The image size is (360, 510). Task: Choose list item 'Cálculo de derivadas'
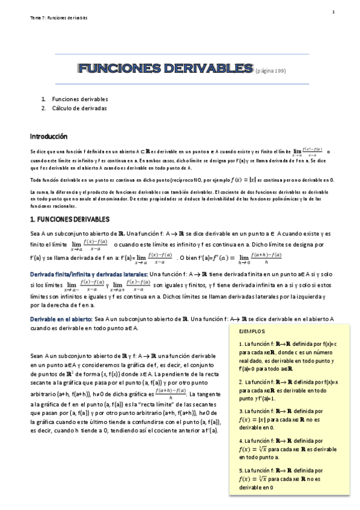click(x=79, y=108)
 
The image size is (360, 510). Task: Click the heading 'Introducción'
click(x=49, y=137)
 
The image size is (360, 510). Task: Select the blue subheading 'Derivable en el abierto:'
click(x=61, y=319)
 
